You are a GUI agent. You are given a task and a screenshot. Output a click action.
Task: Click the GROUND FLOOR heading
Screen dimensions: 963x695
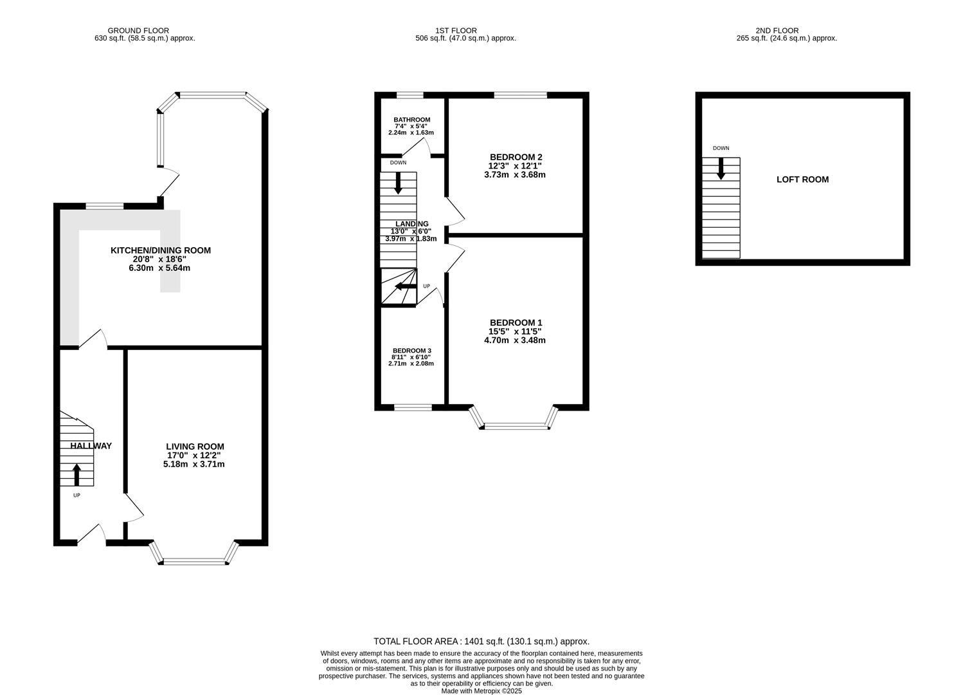click(x=138, y=30)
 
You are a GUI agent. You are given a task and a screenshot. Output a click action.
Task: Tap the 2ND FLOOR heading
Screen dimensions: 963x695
click(x=777, y=30)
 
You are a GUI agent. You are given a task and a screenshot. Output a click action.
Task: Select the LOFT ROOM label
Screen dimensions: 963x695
click(x=802, y=180)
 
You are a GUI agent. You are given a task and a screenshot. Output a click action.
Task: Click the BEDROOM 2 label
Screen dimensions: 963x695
click(x=516, y=157)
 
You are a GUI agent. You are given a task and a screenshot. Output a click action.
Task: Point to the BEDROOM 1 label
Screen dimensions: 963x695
click(x=516, y=322)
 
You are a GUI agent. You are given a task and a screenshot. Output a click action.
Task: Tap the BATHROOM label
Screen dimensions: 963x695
click(x=412, y=120)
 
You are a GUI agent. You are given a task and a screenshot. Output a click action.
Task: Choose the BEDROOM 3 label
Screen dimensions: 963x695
click(x=412, y=350)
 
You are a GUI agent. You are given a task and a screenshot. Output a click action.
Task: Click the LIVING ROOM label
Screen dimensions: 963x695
click(x=195, y=447)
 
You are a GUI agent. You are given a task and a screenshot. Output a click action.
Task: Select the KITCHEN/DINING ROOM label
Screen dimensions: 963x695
click(x=161, y=250)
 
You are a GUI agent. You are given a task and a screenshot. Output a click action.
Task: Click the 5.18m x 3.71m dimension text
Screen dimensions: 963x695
click(x=194, y=464)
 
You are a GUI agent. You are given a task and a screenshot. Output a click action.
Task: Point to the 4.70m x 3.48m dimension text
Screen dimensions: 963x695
click(x=514, y=340)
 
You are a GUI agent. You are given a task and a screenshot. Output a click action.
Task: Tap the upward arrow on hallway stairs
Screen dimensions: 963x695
click(x=76, y=475)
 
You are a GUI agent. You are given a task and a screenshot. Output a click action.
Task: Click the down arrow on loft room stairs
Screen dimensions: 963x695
click(x=721, y=169)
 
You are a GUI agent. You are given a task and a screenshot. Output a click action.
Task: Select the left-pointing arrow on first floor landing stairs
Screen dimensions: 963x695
click(x=406, y=286)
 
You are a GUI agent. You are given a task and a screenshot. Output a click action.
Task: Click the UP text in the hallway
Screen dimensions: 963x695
click(x=76, y=496)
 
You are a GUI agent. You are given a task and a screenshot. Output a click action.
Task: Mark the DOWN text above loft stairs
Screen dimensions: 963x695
click(x=721, y=148)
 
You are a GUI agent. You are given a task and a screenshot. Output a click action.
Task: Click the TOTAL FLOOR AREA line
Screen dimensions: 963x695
click(x=481, y=641)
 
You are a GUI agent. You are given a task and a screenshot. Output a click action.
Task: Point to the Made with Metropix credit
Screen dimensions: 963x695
click(x=482, y=691)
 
